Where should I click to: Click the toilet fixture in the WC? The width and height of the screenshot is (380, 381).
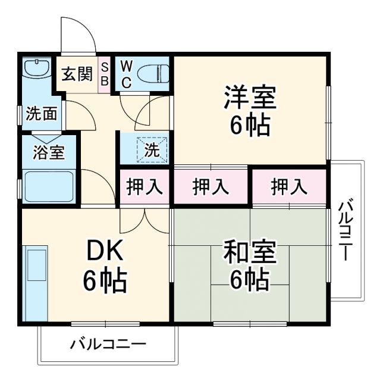point(152,74)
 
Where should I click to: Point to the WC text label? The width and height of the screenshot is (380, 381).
point(126,74)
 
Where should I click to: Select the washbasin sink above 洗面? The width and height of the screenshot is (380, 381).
point(37,69)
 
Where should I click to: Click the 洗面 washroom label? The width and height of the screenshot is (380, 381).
point(42,114)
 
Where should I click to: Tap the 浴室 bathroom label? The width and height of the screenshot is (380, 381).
point(49,152)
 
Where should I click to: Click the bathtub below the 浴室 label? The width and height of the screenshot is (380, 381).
point(48,186)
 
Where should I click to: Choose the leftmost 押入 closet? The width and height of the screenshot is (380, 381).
point(145,187)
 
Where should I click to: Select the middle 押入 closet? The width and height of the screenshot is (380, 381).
point(211,187)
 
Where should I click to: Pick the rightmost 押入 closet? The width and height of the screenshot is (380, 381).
point(289,187)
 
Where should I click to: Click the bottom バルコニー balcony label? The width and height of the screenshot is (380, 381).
point(108,344)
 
